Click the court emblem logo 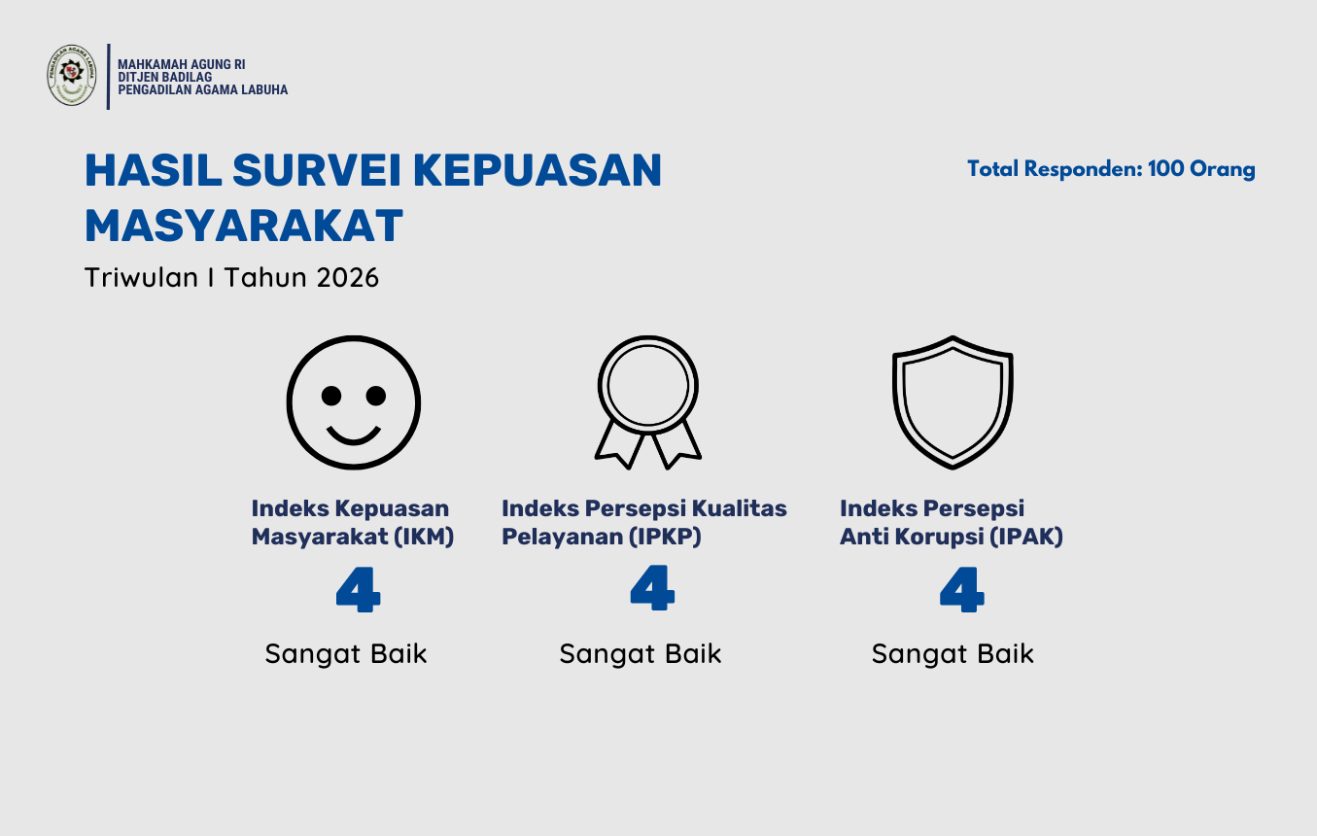pyautogui.click(x=72, y=75)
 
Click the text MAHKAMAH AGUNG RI pyautogui.click(x=181, y=64)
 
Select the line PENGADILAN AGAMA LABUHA pyautogui.click(x=202, y=89)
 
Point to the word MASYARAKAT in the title pyautogui.click(x=243, y=226)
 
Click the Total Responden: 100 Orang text pyautogui.click(x=1111, y=169)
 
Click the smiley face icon pyautogui.click(x=353, y=401)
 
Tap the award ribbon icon pyautogui.click(x=647, y=401)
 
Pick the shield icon pyautogui.click(x=953, y=401)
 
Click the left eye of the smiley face pyautogui.click(x=331, y=396)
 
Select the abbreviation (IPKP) pyautogui.click(x=665, y=537)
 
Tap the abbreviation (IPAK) pyautogui.click(x=1026, y=537)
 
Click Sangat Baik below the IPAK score pyautogui.click(x=953, y=654)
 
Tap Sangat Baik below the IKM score pyautogui.click(x=346, y=654)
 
